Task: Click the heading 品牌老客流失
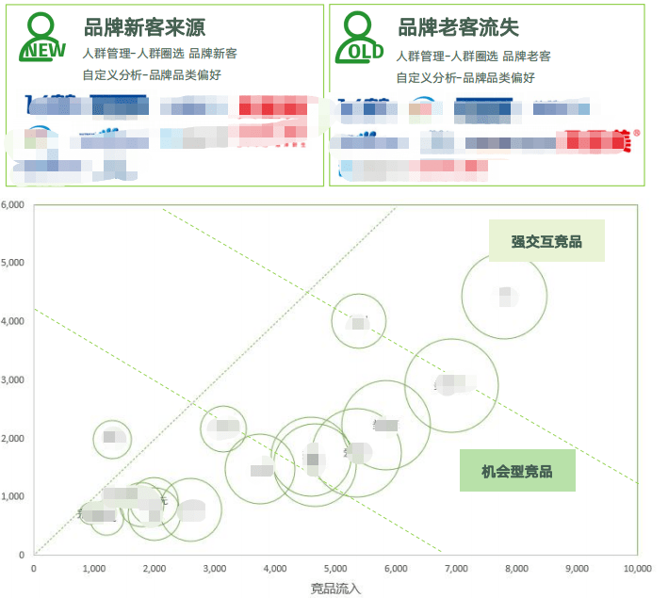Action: (x=459, y=27)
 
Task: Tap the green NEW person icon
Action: (x=42, y=38)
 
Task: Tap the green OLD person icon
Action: (x=359, y=38)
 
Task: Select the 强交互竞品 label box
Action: (x=546, y=241)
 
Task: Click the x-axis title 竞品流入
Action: (x=335, y=589)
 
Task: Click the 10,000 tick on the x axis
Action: (x=637, y=569)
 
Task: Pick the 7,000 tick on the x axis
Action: (x=456, y=569)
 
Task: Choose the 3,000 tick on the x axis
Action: (x=215, y=569)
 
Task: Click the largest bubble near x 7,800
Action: (x=505, y=296)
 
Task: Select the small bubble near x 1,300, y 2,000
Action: (x=112, y=437)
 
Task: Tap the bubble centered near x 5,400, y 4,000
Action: (x=359, y=321)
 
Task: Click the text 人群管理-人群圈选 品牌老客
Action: (x=474, y=57)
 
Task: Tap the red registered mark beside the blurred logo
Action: (x=637, y=133)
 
